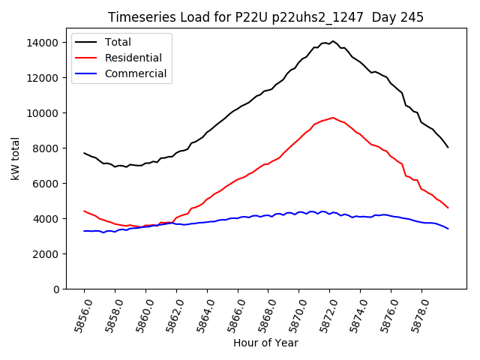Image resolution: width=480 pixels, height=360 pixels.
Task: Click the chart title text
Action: point(265,17)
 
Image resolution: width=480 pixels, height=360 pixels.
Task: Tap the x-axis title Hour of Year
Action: point(265,343)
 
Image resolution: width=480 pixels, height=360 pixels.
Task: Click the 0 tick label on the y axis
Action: point(55,289)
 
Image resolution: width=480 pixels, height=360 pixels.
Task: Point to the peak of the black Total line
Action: point(333,41)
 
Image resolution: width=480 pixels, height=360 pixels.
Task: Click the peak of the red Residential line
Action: point(333,117)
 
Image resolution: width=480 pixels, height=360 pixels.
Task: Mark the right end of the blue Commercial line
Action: point(448,229)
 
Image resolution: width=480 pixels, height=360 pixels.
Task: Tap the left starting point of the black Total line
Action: point(84,153)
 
